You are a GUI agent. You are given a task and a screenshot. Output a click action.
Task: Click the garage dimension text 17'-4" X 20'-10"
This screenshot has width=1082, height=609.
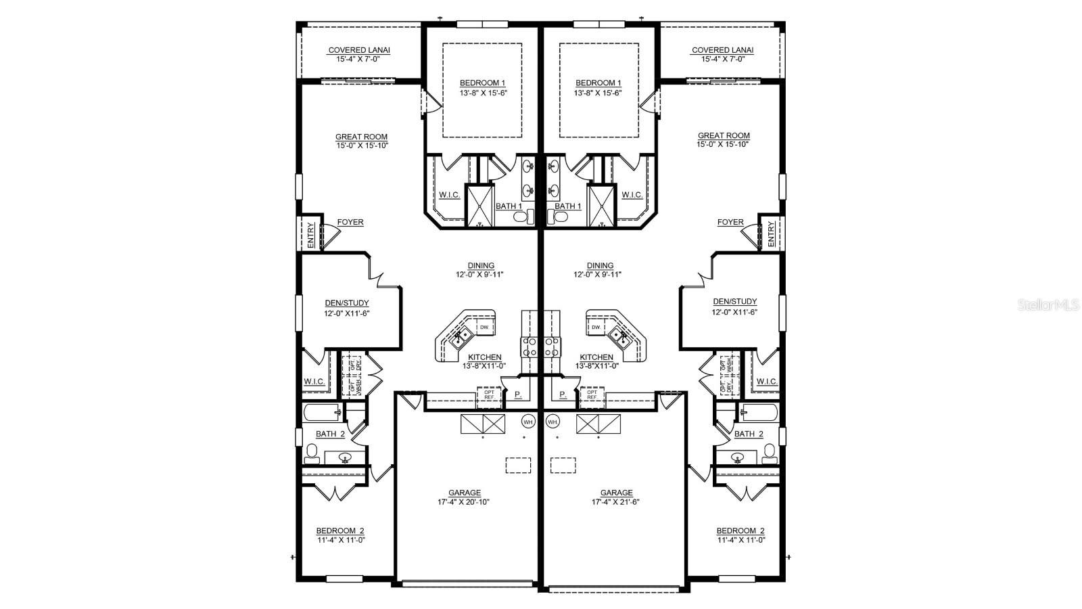coord(464,502)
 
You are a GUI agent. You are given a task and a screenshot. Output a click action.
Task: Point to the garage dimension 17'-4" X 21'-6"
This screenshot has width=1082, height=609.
coord(616,502)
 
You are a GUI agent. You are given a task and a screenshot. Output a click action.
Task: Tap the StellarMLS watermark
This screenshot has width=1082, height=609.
coord(1049,305)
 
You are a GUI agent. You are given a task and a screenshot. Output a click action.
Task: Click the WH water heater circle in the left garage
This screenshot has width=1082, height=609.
coord(528,422)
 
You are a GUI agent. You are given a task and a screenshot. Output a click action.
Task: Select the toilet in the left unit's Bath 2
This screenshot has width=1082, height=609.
coord(312,453)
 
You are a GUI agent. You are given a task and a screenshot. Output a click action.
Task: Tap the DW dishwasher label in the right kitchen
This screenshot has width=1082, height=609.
coord(596,328)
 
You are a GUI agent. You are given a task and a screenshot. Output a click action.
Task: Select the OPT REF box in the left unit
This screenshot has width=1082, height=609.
coord(489,394)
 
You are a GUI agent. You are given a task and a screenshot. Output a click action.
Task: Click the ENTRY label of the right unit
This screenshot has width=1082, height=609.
coord(772,233)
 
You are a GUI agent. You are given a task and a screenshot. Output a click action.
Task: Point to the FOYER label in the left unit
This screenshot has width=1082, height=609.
coord(350,222)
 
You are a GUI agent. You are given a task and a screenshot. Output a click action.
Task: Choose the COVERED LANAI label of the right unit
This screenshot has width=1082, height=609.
coord(722,50)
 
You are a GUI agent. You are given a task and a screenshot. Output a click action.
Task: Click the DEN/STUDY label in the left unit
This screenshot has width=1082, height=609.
coord(346,303)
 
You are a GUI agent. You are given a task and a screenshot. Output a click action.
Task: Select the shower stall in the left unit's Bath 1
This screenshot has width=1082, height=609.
coord(480,204)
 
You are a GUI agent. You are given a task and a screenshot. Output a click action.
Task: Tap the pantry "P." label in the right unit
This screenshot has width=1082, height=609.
coord(562,394)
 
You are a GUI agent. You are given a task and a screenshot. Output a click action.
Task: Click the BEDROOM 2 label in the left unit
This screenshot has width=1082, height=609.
coord(340,531)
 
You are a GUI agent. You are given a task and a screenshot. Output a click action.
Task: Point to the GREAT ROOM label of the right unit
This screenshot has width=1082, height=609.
coord(724,135)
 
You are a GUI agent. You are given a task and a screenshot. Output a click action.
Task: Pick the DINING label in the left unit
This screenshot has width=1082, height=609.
coord(480,266)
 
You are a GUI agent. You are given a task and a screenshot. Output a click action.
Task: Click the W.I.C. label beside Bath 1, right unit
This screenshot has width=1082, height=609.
coord(632,195)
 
